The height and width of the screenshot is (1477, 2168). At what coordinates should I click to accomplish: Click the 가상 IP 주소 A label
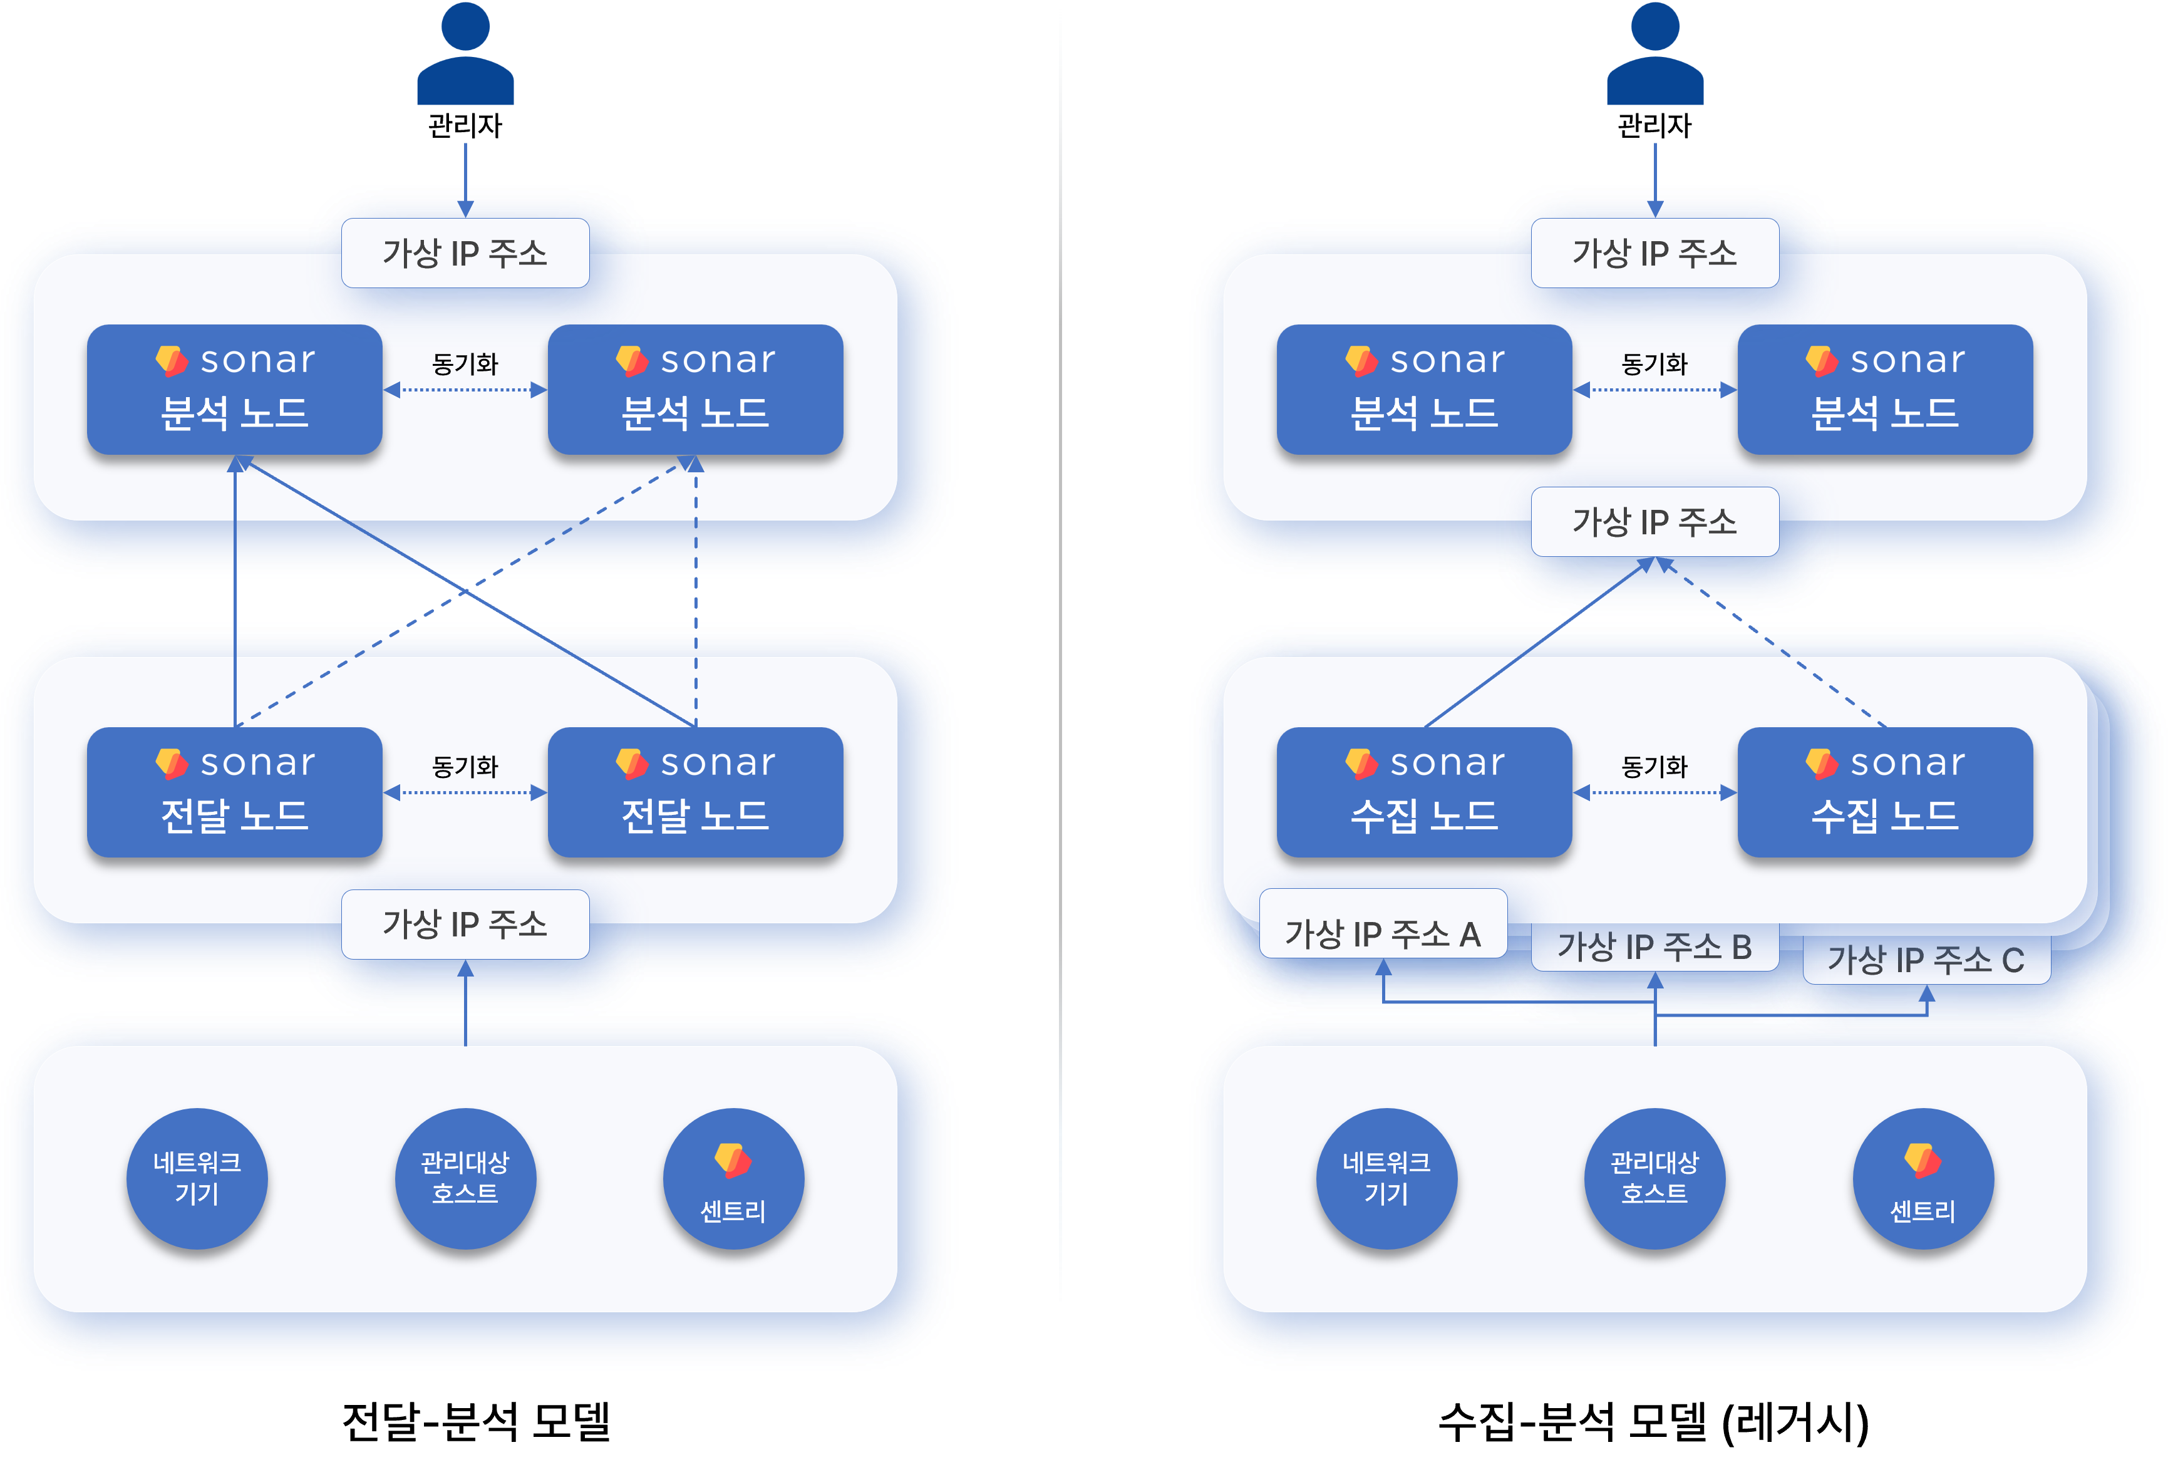click(x=1383, y=933)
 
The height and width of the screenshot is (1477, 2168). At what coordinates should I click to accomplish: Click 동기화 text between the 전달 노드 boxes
click(x=465, y=767)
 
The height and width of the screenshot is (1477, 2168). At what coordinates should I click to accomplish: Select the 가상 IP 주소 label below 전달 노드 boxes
click(x=465, y=924)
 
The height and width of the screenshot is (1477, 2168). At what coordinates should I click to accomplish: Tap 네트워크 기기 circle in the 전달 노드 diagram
click(x=197, y=1178)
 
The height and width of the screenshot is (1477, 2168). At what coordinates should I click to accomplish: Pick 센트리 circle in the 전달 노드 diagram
click(x=733, y=1178)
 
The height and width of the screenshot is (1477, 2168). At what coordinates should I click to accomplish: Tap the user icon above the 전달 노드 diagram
click(x=465, y=54)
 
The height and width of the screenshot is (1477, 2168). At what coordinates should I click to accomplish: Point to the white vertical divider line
click(x=1061, y=653)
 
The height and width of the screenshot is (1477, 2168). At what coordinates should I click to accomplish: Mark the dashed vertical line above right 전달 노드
click(x=696, y=597)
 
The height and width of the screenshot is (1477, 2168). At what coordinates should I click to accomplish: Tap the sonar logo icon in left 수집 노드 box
click(x=1361, y=763)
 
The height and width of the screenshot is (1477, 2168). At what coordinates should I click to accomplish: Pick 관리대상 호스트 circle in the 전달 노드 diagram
click(x=465, y=1178)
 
